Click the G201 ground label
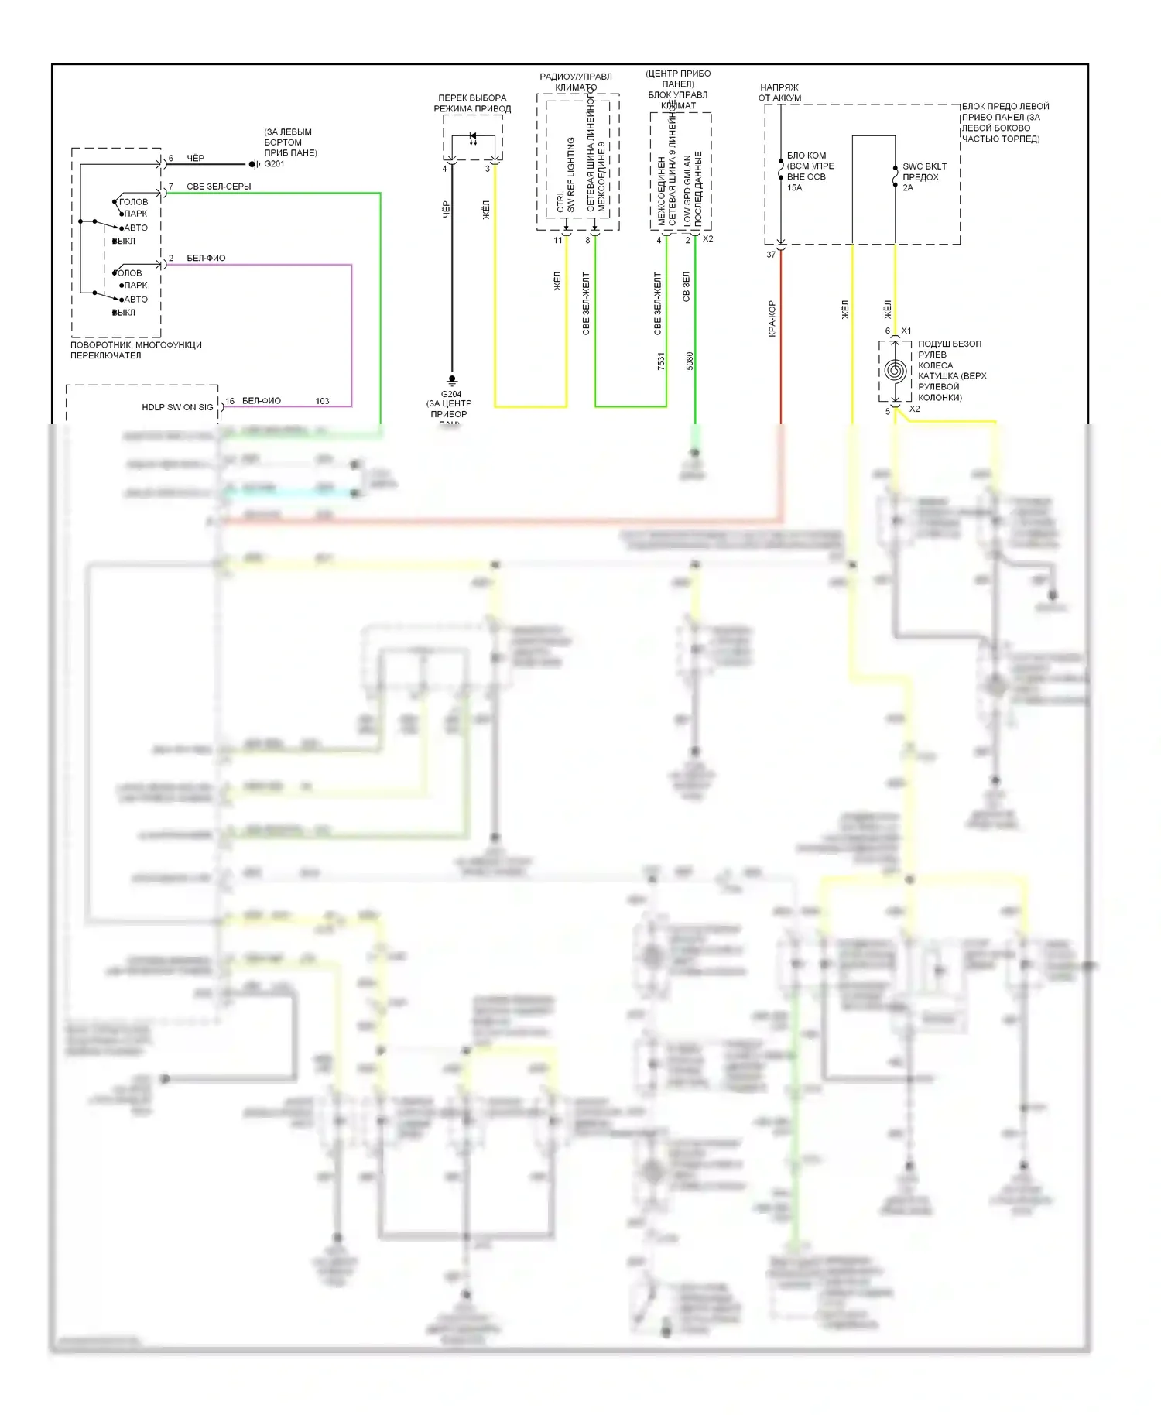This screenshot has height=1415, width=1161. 274,164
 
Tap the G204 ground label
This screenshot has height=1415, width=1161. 450,394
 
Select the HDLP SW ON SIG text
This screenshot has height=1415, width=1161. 177,407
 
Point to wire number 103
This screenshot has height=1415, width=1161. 322,401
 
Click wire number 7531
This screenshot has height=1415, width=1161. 661,361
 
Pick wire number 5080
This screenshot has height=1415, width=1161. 690,361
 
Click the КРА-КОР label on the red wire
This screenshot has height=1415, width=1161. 772,319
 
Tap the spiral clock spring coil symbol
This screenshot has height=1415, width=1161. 895,371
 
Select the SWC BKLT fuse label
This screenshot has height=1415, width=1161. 924,166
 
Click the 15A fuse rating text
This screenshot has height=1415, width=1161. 794,187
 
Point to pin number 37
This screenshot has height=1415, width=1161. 771,255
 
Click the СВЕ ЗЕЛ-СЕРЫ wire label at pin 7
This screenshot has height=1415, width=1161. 218,187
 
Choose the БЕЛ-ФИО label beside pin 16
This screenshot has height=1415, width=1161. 261,401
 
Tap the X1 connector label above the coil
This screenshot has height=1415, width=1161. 906,331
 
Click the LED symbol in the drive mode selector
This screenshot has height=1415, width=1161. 473,141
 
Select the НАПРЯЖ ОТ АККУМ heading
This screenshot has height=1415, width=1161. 779,93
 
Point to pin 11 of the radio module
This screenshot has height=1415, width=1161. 557,241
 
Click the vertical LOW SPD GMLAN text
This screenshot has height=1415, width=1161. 687,190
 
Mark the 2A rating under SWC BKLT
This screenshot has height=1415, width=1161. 908,187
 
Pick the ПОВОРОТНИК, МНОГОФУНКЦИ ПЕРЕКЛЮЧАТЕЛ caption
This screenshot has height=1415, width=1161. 136,350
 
